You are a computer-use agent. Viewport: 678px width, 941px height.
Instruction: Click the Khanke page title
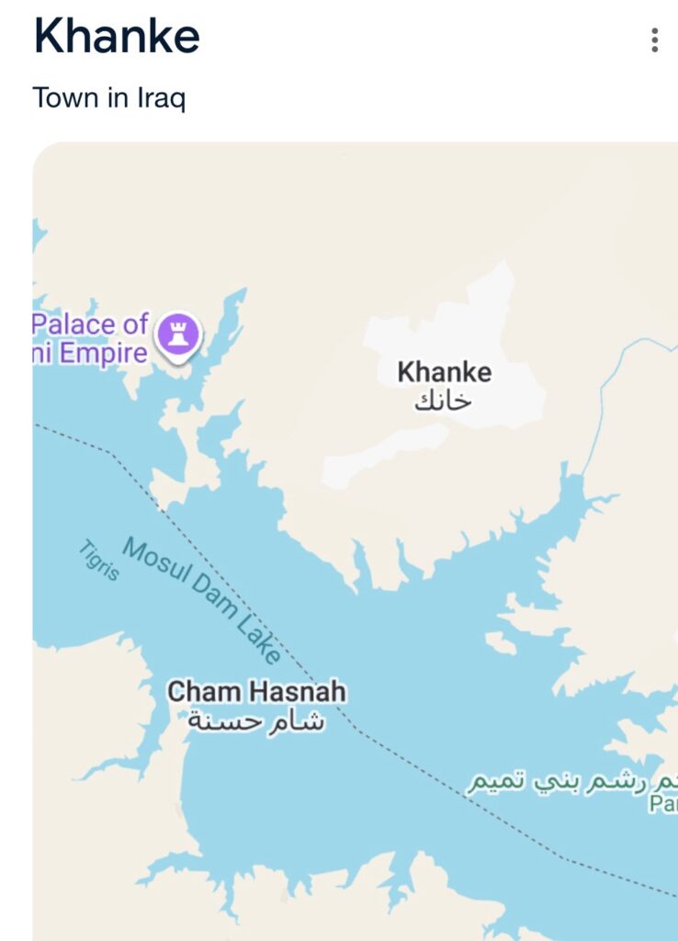[x=117, y=38]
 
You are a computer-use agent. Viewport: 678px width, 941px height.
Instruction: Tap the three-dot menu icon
[x=654, y=40]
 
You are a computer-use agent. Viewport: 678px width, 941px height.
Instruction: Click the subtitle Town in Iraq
[x=108, y=97]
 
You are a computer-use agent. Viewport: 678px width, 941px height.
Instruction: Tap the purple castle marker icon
[x=178, y=332]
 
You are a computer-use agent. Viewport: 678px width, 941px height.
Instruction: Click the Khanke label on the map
[x=444, y=372]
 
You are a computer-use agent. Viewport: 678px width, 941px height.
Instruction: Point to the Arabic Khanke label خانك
[x=443, y=401]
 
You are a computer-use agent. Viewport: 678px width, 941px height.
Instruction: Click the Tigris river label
[x=98, y=560]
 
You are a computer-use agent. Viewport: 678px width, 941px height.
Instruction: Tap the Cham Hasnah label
[x=256, y=692]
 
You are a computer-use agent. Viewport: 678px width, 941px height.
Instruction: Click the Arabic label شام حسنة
[x=256, y=721]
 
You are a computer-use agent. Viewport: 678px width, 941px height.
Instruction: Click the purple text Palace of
[x=90, y=323]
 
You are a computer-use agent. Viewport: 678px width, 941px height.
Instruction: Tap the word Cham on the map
[x=196, y=692]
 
